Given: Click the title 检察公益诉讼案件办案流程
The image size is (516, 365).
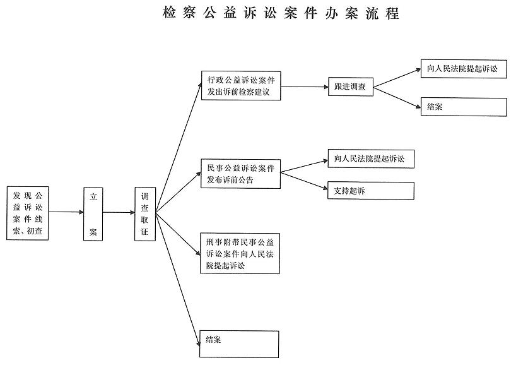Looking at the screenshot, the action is click(281, 13).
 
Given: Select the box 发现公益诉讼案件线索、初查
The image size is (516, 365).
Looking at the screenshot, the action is click(28, 213).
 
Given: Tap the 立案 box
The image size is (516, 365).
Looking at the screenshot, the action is click(93, 214).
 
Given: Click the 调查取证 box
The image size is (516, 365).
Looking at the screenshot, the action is click(145, 214).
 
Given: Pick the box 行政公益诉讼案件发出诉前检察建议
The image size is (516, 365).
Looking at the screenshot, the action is click(241, 86).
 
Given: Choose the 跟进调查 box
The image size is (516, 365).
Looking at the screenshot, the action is click(351, 87).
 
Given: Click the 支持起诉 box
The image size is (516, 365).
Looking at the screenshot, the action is click(371, 191).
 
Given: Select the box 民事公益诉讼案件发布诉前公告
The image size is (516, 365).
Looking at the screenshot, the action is click(240, 174).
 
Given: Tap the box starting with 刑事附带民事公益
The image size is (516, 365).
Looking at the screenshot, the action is click(240, 253).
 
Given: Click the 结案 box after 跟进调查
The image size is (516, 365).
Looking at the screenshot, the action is click(464, 107).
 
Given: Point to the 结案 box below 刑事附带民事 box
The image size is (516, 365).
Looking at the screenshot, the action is click(239, 344).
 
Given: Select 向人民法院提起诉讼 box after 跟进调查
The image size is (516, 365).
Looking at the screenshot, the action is click(464, 69).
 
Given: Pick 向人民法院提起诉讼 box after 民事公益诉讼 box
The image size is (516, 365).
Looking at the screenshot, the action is click(371, 159).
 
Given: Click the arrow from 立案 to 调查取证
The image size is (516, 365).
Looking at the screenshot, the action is click(119, 212).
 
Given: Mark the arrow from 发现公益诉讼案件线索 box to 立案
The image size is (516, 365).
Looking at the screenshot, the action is click(66, 212).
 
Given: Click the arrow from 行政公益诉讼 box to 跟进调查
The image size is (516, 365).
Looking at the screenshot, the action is click(305, 87).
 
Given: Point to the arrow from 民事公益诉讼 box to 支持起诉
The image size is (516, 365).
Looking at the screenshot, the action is click(304, 181).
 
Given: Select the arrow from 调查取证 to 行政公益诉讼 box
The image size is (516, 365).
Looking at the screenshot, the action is click(179, 148).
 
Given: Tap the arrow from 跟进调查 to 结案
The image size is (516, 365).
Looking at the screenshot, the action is click(397, 97).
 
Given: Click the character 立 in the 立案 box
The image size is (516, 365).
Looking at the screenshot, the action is click(93, 196).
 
